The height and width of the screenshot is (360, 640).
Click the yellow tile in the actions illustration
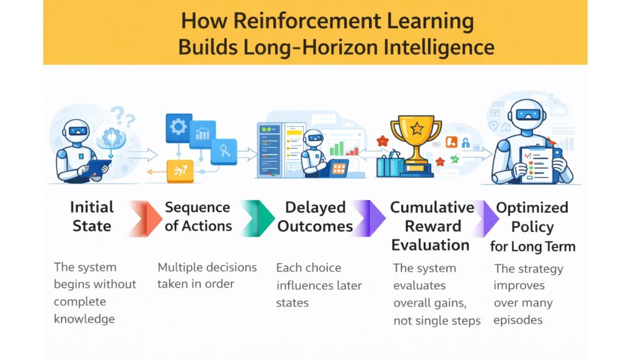(180, 170)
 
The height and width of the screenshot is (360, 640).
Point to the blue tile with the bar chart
(202, 133)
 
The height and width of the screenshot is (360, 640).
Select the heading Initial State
(92, 216)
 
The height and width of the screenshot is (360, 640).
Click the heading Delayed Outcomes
(315, 216)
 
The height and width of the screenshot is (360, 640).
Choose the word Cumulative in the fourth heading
(432, 207)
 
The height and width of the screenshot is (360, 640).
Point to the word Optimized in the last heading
(532, 207)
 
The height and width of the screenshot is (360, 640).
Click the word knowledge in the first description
(84, 319)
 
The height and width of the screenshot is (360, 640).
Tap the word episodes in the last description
(517, 320)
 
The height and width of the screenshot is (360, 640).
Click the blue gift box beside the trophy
(390, 166)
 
